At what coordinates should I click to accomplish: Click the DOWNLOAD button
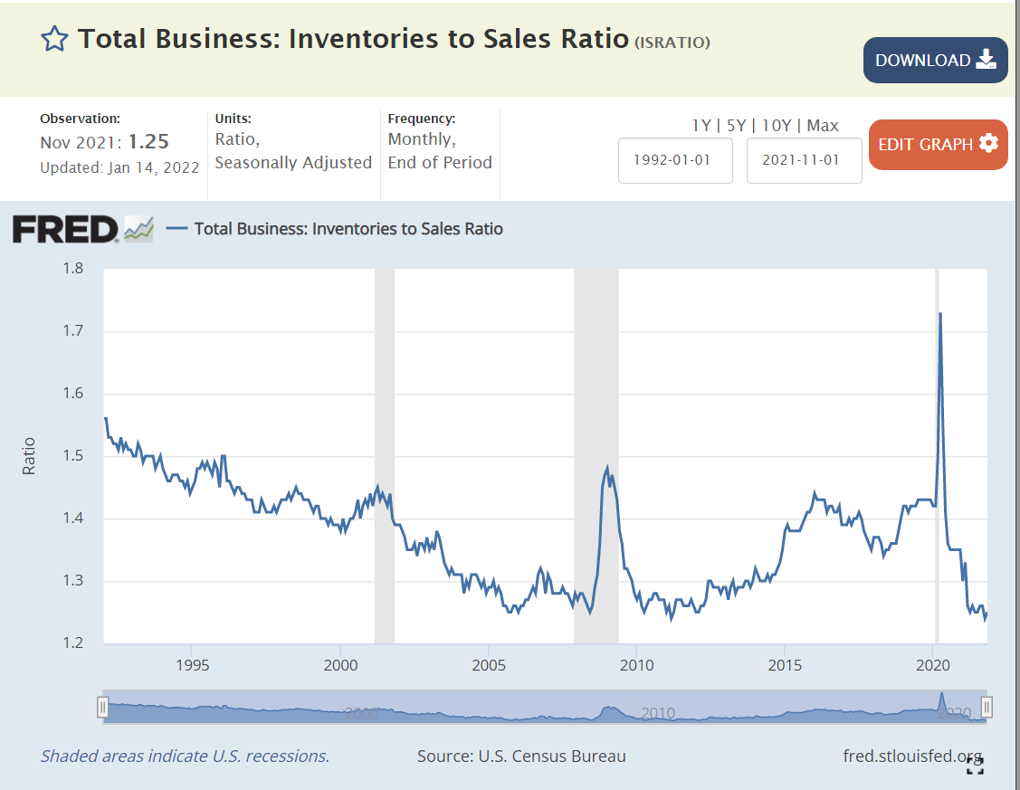point(935,61)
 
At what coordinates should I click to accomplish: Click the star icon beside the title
point(54,39)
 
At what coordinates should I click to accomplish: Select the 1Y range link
point(701,126)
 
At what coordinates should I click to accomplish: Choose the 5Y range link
point(735,126)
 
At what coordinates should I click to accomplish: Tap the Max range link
point(823,126)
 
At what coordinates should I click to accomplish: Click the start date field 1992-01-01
point(675,160)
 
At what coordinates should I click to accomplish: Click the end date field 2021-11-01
point(804,160)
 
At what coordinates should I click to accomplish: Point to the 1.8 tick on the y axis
point(72,268)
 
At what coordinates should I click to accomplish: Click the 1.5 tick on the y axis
point(72,456)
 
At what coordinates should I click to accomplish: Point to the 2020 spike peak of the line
point(940,314)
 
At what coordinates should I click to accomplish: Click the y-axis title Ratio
point(30,456)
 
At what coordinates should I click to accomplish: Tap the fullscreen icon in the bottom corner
point(975,767)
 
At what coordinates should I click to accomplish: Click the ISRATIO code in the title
point(672,43)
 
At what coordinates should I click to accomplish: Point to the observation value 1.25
point(148,142)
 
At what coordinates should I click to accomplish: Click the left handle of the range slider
point(103,707)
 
